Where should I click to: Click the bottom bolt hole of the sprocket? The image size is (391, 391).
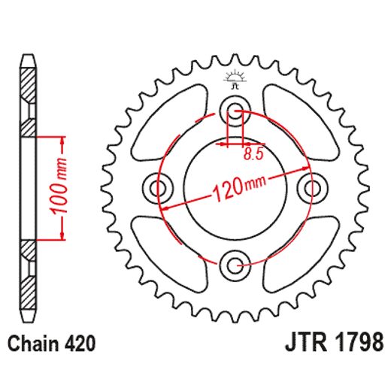235,263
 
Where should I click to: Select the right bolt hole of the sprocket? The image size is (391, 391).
310,187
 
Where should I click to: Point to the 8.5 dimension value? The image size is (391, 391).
253,156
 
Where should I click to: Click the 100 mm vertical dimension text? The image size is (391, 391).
63,188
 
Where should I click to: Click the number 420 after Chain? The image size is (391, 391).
80,344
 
